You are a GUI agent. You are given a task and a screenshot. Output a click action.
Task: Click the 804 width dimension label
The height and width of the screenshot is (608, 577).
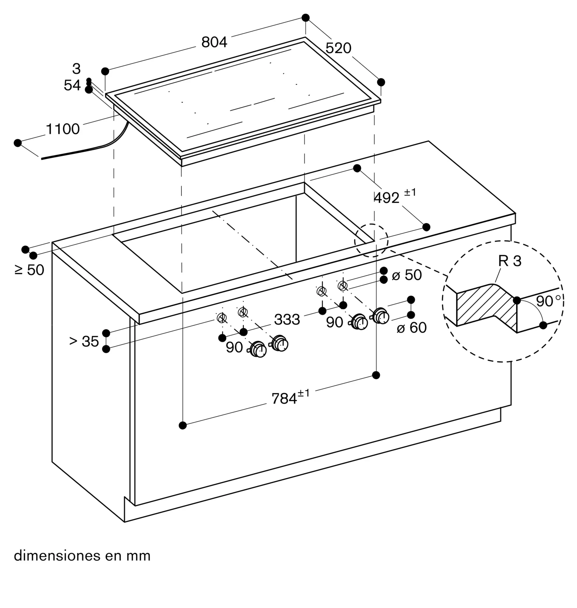214,42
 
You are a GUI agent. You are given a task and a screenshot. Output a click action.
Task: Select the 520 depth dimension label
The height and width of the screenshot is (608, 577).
338,48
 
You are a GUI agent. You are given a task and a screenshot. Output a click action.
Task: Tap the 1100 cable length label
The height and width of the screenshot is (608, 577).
63,129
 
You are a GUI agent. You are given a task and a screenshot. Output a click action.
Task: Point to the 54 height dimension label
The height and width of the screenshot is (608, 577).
72,85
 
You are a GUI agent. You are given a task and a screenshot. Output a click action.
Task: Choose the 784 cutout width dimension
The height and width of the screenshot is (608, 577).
290,397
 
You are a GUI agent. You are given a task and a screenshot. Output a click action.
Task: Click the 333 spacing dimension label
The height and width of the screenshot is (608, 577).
287,320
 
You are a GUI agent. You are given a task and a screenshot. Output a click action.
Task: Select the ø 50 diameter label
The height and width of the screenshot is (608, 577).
407,275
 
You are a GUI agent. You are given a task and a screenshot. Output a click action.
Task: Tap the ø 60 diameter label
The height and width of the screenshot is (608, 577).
412,327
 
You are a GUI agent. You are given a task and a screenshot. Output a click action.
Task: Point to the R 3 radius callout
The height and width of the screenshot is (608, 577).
510,261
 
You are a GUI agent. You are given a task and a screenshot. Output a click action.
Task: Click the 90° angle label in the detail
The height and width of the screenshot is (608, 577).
548,301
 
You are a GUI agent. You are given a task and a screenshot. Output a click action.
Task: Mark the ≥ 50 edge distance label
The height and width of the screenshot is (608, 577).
29,270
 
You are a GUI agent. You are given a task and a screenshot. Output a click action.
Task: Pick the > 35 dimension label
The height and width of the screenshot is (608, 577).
84,341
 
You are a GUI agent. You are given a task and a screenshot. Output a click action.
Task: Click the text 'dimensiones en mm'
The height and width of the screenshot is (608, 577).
82,556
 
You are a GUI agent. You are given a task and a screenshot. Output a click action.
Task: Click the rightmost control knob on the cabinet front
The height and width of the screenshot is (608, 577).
381,316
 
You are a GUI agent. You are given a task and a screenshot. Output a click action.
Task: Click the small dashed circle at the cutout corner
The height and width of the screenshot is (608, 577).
371,240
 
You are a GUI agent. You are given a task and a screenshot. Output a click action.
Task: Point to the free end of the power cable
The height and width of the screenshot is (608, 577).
42,159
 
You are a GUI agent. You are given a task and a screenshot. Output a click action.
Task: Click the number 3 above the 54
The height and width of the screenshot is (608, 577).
77,69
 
